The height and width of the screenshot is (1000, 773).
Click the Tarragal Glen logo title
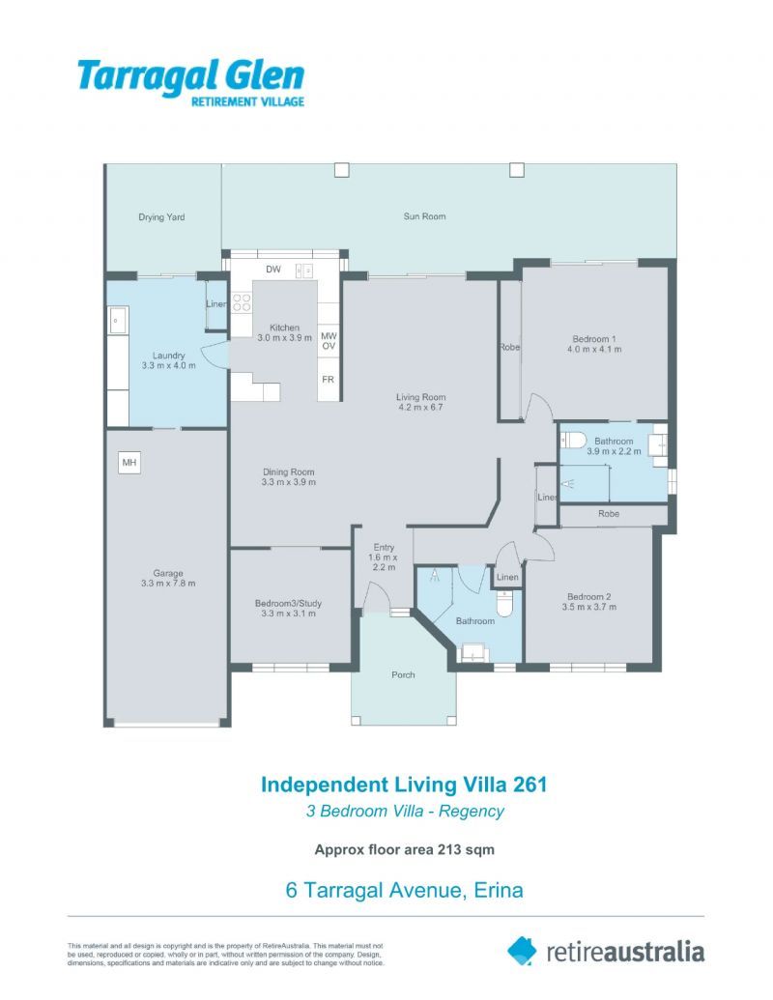pos(190,75)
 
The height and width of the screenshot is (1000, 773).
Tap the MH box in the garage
pos(129,464)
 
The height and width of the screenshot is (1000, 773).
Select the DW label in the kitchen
pos(273,270)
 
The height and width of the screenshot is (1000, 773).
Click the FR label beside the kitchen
pos(329,379)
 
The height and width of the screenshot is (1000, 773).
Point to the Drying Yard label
pos(161,217)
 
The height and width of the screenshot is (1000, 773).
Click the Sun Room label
pos(424,216)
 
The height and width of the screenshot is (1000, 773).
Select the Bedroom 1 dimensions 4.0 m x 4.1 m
pos(594,350)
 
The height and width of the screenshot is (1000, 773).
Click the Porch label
pos(403,674)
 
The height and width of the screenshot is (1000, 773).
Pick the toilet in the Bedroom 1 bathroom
pos(576,441)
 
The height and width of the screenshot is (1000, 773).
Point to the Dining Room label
pos(289,472)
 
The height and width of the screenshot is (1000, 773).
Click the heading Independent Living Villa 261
pos(404,785)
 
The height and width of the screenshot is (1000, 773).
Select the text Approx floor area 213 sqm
pos(405,850)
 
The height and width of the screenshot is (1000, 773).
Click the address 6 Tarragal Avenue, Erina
pos(404,890)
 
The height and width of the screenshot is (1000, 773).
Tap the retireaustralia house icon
pos(522,951)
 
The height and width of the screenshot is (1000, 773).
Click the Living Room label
pos(420,397)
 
